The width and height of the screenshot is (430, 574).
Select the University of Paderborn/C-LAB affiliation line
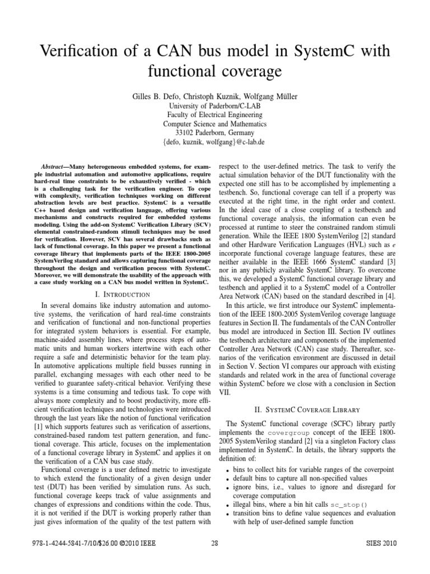pyautogui.click(x=214, y=105)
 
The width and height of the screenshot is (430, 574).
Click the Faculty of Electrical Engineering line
pyautogui.click(x=214, y=114)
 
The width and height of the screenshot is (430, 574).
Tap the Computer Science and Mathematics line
pyautogui.click(x=214, y=123)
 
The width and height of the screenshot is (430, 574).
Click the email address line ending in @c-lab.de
pyautogui.click(x=214, y=142)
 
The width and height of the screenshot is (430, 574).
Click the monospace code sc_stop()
pyautogui.click(x=350, y=504)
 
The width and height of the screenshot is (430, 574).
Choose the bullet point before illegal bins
pyautogui.click(x=226, y=504)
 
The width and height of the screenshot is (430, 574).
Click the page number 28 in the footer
pyautogui.click(x=214, y=543)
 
